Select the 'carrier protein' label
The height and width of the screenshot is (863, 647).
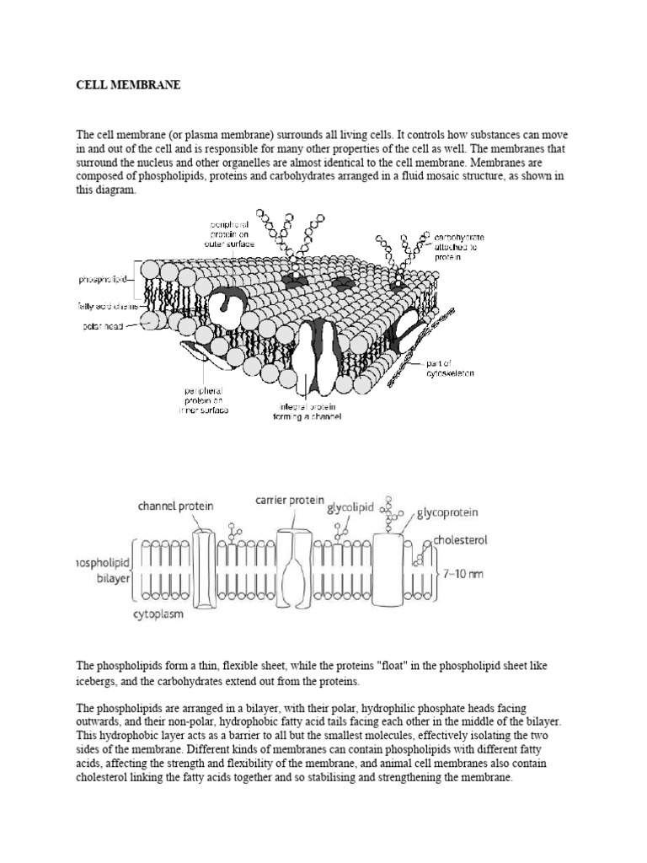289,500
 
